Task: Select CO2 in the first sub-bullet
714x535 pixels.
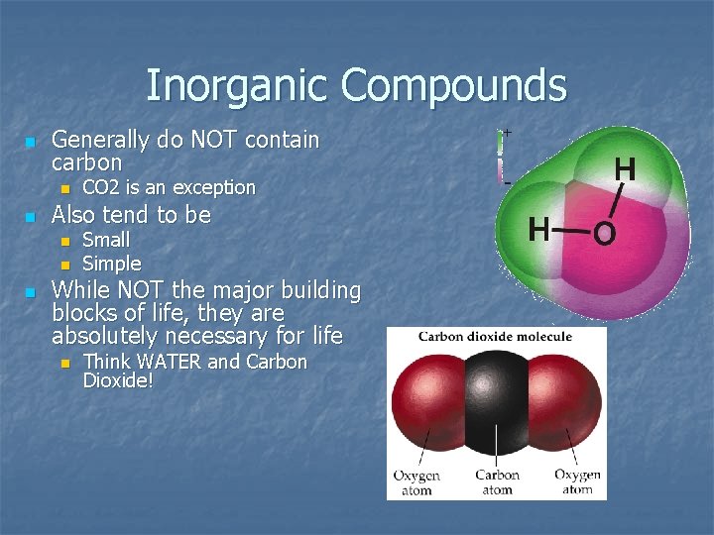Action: [101, 187]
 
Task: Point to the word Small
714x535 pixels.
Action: [105, 240]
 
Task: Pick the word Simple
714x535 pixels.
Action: [111, 264]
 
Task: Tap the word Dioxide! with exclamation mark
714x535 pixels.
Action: [118, 380]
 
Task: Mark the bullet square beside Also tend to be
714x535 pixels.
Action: [30, 216]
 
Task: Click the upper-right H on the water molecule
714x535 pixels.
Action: [625, 170]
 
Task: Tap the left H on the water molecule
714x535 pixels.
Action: [538, 230]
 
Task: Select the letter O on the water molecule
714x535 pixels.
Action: [603, 235]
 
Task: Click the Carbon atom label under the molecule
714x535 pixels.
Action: [497, 481]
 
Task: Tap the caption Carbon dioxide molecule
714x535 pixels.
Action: [495, 337]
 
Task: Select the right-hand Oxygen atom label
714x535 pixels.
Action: [577, 481]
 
